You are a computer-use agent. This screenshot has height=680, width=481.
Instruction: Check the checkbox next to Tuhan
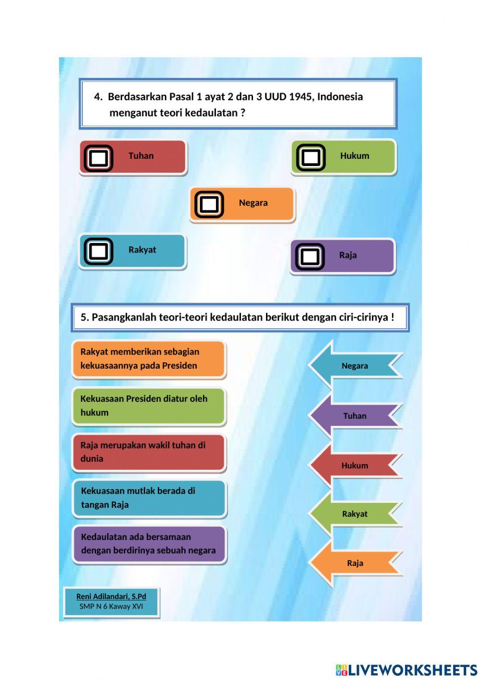pos(99,158)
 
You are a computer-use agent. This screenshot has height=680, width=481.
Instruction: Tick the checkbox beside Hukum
pos(310,157)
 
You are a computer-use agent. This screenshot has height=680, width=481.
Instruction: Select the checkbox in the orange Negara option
pos(209,205)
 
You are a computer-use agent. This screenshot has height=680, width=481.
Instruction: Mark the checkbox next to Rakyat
pos(99,251)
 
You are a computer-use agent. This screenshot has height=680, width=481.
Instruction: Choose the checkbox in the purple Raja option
pos(310,257)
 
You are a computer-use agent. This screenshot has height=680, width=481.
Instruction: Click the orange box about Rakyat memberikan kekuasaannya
pos(149,359)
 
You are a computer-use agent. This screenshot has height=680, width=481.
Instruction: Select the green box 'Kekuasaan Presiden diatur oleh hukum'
pos(149,406)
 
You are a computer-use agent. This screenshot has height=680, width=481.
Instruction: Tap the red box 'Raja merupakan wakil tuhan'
pos(149,452)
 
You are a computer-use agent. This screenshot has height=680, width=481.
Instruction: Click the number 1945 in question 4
pos(300,97)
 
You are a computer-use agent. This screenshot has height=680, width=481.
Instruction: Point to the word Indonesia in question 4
pos(340,97)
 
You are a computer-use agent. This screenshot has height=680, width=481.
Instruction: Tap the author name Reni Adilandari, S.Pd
pos(111,596)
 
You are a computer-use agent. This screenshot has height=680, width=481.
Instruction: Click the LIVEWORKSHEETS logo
pos(406,670)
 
